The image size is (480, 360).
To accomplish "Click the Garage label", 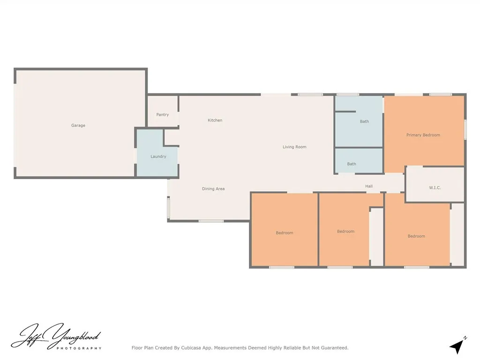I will [x=78, y=126].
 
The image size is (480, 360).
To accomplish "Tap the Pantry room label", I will [x=163, y=115].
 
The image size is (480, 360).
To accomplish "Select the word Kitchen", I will [x=215, y=120].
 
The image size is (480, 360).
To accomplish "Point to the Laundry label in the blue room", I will [x=158, y=157].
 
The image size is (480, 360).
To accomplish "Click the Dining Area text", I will [x=213, y=189].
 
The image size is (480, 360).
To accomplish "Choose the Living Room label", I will [x=294, y=147].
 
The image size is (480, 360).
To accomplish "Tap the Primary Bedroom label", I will [x=423, y=135].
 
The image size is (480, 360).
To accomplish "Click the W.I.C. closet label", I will [x=435, y=188].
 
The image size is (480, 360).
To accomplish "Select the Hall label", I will [x=369, y=187].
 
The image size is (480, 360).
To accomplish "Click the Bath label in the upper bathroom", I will [x=364, y=122].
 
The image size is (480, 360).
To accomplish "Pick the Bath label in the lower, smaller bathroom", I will [x=352, y=164].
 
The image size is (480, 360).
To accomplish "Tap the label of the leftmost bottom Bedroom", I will [x=285, y=233].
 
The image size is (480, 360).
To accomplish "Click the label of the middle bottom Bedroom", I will [x=346, y=232].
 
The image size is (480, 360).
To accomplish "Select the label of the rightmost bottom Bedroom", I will [x=416, y=236].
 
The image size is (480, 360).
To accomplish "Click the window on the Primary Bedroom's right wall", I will [x=465, y=129].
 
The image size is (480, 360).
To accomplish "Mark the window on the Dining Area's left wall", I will [x=169, y=207].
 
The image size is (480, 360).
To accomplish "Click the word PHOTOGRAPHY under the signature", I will [x=79, y=348].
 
